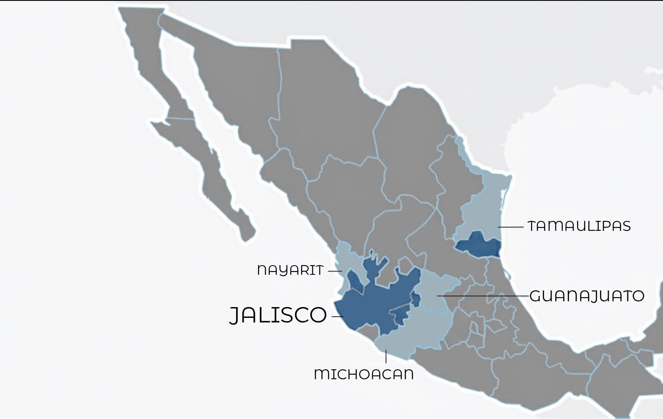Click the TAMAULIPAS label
579,226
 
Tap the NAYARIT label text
290,270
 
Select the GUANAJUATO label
587,296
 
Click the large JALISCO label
278,315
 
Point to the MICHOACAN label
364,374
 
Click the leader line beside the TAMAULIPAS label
511,227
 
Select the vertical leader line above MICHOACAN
386,356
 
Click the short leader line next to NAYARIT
335,271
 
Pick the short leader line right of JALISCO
337,317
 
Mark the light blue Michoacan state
410,336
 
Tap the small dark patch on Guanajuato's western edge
416,300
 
